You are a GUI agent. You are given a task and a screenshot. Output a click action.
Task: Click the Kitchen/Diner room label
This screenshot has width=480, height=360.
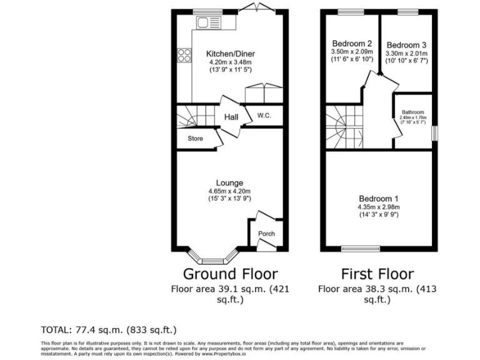tap(231, 54)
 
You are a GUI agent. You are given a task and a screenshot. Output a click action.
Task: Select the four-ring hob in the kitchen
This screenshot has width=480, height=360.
tap(184, 55)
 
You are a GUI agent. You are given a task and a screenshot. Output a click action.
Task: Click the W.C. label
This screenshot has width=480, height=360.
tap(263, 115)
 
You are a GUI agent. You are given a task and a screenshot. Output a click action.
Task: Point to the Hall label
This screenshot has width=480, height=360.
tap(231, 117)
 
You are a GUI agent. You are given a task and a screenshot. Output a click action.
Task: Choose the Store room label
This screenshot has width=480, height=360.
tap(196, 139)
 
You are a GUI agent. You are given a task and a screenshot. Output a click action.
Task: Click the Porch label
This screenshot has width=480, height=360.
tap(266, 234)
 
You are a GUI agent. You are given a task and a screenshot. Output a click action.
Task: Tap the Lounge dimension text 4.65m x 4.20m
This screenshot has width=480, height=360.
tap(229, 191)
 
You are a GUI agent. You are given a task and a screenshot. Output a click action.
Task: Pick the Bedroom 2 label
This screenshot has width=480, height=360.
tap(352, 44)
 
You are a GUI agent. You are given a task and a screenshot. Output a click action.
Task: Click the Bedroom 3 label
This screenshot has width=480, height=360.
tap(406, 45)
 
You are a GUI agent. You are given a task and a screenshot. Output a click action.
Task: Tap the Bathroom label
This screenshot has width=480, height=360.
tap(413, 112)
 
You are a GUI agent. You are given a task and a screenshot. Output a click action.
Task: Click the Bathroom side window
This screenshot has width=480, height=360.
tap(434, 134)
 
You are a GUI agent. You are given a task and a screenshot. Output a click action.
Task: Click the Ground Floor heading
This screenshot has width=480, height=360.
tap(230, 274)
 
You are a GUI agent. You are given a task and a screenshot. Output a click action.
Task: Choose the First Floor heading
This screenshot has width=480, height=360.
tap(377, 274)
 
